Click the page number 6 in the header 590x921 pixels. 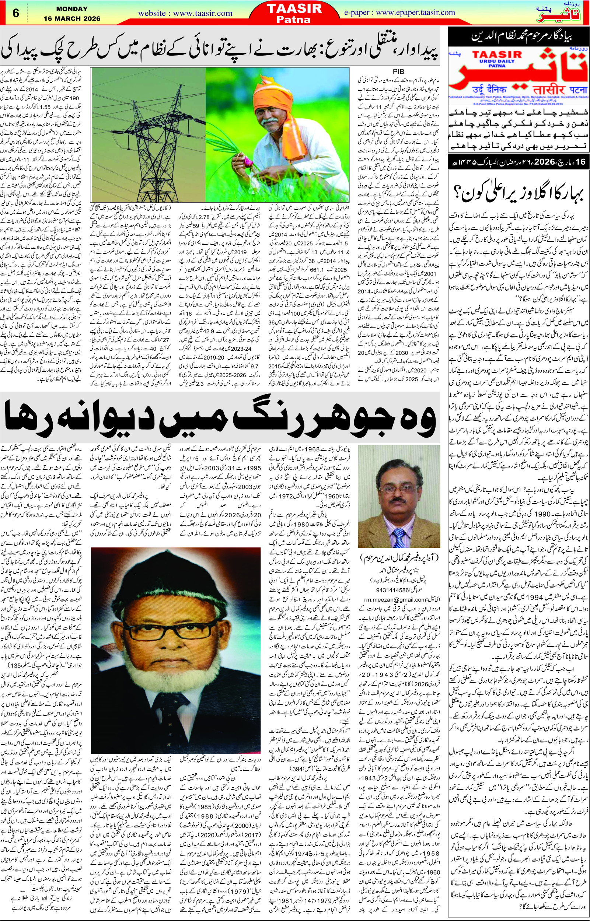pos(16,13)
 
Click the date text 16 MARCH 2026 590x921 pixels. pos(71,18)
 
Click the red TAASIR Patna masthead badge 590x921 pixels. pos(294,13)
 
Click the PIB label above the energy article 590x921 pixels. pos(398,71)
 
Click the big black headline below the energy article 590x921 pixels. pos(220,418)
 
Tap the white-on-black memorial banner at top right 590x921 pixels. pos(518,38)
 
